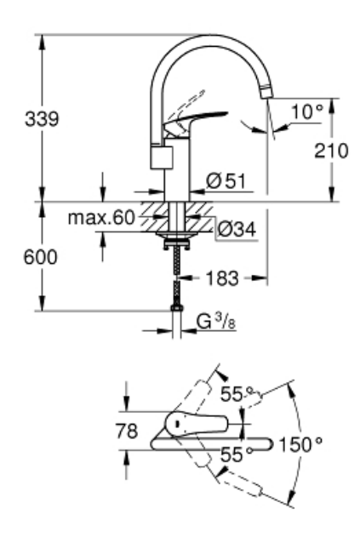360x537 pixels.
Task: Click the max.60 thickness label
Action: (x=114, y=219)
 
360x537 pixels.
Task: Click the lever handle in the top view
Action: (x=194, y=423)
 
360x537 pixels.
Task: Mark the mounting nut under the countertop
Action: (x=177, y=241)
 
